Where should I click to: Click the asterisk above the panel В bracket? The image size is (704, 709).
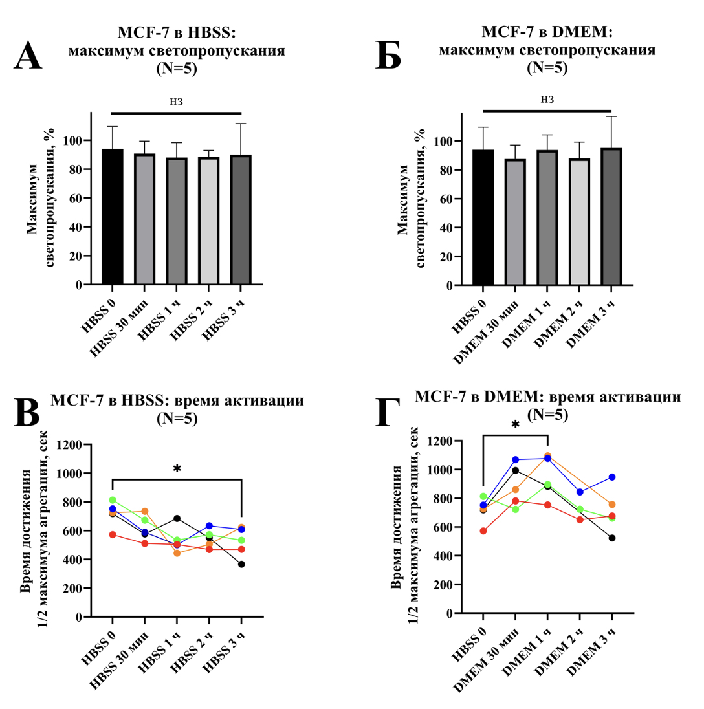pos(177,468)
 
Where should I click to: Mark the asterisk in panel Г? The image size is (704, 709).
pos(515,426)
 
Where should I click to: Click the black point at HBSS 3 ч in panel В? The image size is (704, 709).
pos(241,564)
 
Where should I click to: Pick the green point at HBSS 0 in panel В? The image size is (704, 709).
pos(113,500)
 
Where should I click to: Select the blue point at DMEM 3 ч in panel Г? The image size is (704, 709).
pos(611,477)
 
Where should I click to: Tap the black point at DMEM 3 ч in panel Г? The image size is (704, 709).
pos(611,538)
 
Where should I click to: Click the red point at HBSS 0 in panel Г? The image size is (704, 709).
pos(483,531)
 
